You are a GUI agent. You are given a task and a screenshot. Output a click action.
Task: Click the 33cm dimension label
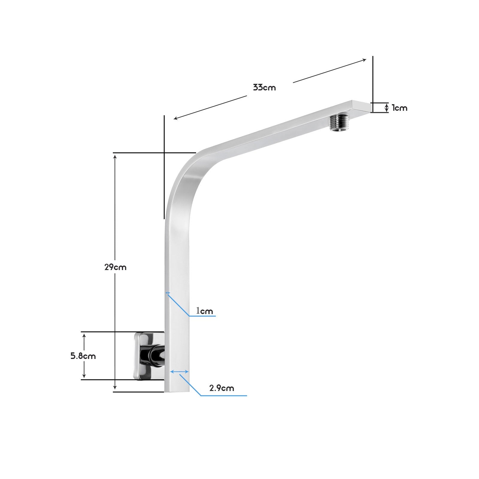(264, 88)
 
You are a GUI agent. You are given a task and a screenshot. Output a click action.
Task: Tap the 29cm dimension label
(115, 267)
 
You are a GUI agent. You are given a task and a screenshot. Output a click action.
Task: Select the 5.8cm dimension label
(83, 356)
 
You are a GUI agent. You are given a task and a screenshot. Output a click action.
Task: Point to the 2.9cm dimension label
(222, 388)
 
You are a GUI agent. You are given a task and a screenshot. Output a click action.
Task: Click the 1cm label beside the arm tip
(400, 108)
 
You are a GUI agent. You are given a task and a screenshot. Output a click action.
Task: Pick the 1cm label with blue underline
(204, 311)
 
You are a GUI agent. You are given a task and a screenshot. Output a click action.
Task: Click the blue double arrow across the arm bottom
(179, 372)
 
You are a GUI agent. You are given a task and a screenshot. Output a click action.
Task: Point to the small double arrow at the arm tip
(386, 108)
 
